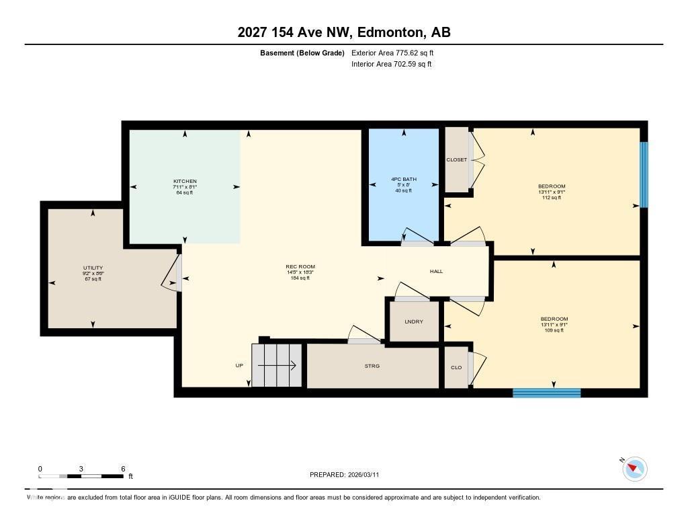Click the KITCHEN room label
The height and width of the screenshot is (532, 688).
pyautogui.click(x=185, y=182)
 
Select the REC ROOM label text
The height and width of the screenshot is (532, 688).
pyautogui.click(x=300, y=267)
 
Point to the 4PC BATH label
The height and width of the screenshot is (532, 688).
pyautogui.click(x=404, y=180)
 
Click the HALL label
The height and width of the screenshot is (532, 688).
pyautogui.click(x=436, y=271)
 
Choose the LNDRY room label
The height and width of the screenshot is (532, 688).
pyautogui.click(x=414, y=321)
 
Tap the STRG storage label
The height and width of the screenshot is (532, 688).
pyautogui.click(x=372, y=366)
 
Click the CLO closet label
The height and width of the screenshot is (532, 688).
pyautogui.click(x=456, y=368)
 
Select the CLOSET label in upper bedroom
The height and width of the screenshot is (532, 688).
pyautogui.click(x=456, y=160)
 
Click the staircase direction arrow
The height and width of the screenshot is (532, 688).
pyautogui.click(x=277, y=366)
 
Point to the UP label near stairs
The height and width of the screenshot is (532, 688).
pyautogui.click(x=239, y=366)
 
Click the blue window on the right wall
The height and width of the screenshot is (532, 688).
pyautogui.click(x=644, y=174)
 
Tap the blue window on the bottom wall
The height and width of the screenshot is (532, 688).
pyautogui.click(x=546, y=393)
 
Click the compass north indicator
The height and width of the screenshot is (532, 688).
pyautogui.click(x=634, y=468)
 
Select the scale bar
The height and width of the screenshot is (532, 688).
pyautogui.click(x=81, y=476)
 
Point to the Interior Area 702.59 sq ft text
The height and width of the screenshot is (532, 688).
pyautogui.click(x=391, y=65)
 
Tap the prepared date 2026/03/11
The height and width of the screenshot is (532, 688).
pyautogui.click(x=344, y=475)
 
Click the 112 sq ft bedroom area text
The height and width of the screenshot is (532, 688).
pyautogui.click(x=551, y=197)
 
